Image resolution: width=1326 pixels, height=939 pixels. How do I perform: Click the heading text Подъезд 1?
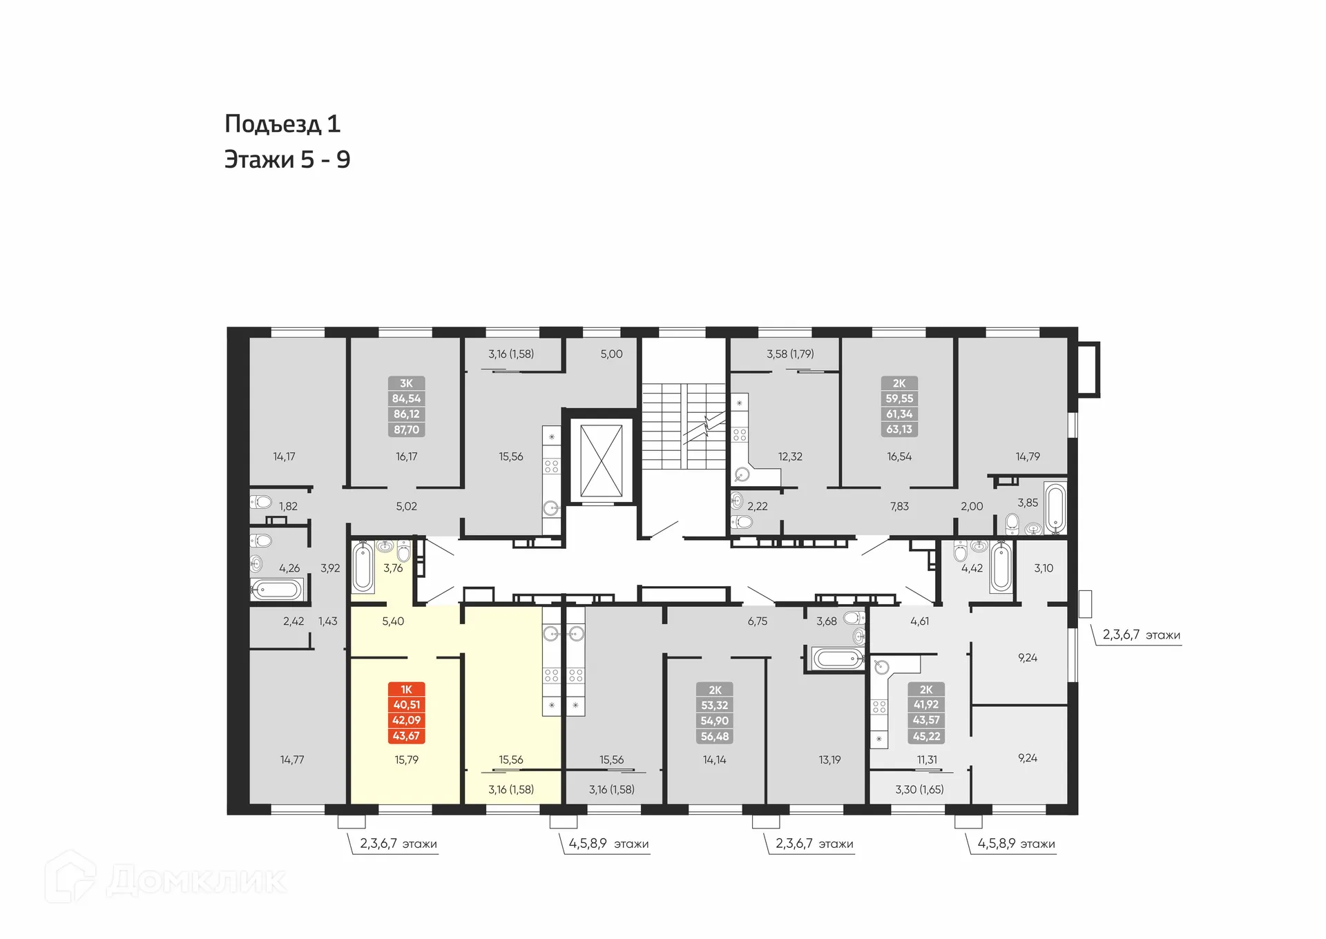click(x=282, y=124)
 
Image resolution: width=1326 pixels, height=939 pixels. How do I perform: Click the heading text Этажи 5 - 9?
click(x=287, y=160)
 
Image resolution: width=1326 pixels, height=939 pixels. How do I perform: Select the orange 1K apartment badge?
click(x=406, y=713)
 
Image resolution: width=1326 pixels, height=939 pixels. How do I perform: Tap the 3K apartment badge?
click(x=406, y=407)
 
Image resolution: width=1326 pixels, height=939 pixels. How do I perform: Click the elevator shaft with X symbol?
click(x=601, y=461)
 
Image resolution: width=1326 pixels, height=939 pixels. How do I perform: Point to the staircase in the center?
click(x=682, y=426)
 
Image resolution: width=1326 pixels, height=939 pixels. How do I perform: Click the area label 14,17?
click(x=284, y=456)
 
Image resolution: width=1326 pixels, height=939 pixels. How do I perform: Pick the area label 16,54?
click(x=899, y=456)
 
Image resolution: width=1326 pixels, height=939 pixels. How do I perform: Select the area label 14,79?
click(x=1028, y=456)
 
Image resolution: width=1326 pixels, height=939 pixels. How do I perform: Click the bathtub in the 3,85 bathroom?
click(x=1055, y=508)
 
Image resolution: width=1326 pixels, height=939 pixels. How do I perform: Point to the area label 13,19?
click(x=829, y=759)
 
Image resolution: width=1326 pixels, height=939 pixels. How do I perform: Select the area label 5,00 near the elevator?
click(x=611, y=354)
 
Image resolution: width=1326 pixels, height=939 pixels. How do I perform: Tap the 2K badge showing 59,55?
click(x=899, y=407)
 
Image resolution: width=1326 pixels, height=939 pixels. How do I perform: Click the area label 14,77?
click(x=291, y=759)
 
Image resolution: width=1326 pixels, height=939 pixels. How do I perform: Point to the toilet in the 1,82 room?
click(x=261, y=502)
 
